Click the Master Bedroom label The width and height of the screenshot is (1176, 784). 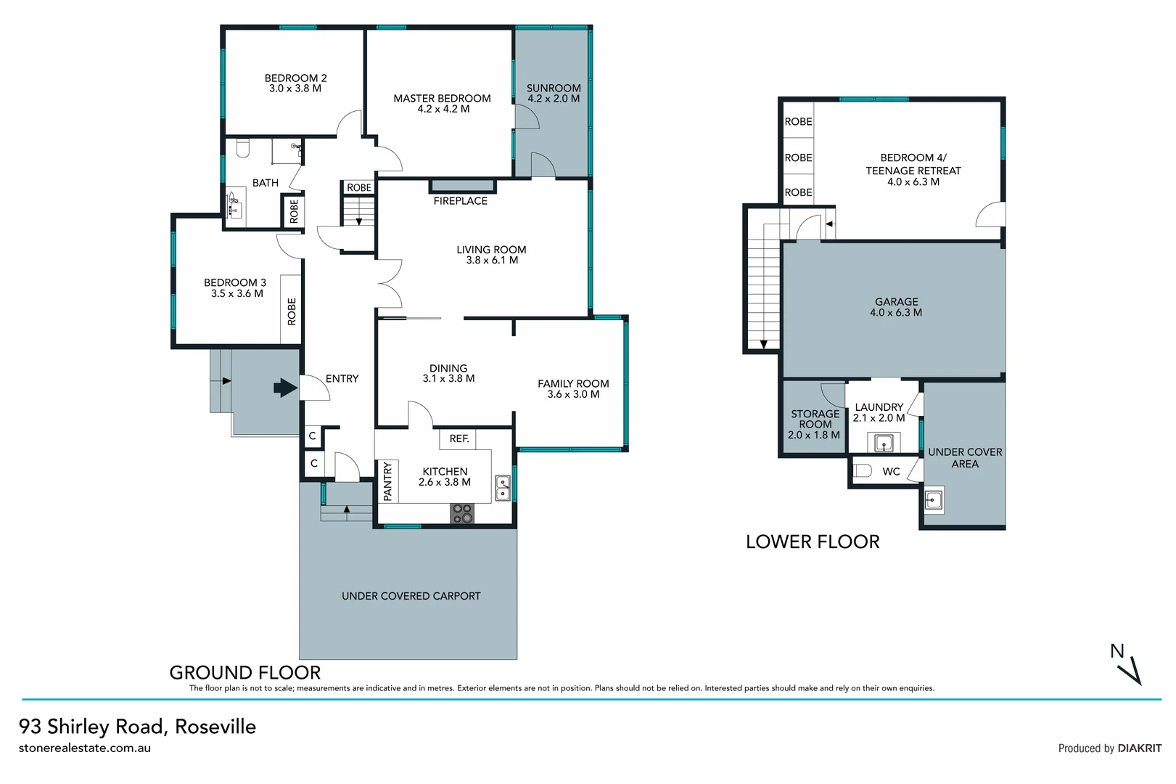point(442,99)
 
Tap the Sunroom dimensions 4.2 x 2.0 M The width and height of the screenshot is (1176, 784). point(554,99)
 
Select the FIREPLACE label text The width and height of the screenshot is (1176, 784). point(460,201)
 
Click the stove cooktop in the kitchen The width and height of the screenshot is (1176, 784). point(462,513)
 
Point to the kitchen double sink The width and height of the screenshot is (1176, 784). point(502,489)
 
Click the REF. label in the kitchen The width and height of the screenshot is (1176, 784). point(459,438)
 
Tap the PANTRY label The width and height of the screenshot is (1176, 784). point(387,481)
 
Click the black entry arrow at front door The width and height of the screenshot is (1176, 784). point(285,388)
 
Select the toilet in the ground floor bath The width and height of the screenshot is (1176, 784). point(243,148)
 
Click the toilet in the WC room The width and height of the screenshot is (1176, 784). point(862,471)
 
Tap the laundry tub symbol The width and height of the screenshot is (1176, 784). point(884,443)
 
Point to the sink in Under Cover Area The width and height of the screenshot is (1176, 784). point(934,500)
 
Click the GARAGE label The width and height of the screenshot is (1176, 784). point(896,302)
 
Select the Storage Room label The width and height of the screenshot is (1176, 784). point(815,420)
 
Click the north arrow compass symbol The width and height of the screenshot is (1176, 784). point(1127,663)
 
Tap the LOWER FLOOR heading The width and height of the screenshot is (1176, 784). point(813,542)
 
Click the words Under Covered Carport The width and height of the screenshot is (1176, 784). point(411,596)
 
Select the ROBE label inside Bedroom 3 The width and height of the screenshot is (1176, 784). point(292,311)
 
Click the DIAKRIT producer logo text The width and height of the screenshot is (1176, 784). point(1139,748)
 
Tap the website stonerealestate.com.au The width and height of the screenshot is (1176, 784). point(85,748)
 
